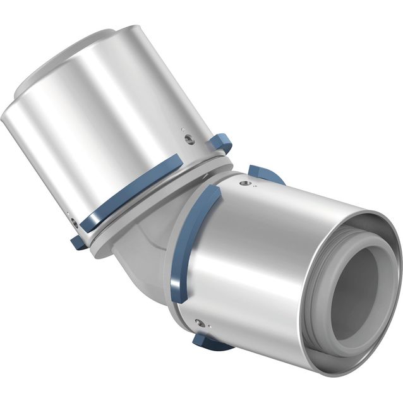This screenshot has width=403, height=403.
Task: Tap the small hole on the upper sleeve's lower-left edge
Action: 75,222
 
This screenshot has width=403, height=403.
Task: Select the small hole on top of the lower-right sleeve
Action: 246,183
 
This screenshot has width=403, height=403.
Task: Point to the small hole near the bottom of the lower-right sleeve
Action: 200,323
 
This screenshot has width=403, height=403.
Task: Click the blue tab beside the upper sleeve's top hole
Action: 220,143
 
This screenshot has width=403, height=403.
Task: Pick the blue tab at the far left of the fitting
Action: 78,241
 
